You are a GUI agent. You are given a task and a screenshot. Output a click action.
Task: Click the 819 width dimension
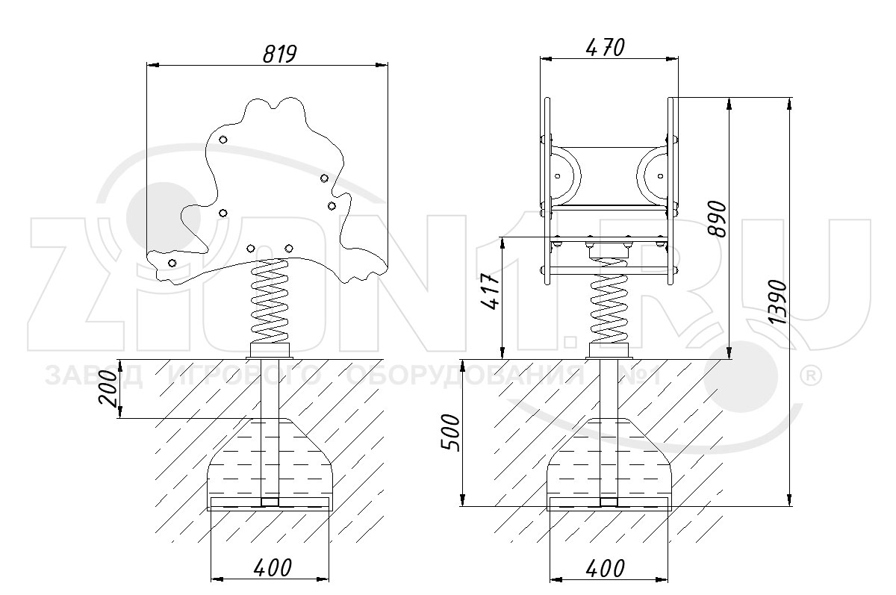point(279,54)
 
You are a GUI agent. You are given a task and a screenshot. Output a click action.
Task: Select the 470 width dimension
point(605,48)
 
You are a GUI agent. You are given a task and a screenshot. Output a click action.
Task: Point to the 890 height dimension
point(716,219)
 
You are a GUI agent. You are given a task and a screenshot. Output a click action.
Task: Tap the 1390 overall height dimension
point(778,302)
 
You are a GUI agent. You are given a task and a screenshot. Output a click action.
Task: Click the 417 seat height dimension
point(491,291)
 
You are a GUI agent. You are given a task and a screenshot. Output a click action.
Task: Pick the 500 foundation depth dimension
point(450,433)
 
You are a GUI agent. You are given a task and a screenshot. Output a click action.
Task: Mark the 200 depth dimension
point(108,389)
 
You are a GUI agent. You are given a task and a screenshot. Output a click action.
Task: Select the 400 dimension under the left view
point(273,568)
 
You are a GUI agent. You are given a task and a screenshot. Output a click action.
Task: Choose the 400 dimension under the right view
point(606,568)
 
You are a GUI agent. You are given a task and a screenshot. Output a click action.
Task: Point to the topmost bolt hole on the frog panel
point(223,140)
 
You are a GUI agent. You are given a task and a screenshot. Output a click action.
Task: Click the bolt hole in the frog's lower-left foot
point(172,263)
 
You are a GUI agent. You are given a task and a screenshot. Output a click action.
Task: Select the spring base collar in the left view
point(270,351)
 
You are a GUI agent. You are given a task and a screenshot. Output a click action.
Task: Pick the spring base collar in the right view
point(609,351)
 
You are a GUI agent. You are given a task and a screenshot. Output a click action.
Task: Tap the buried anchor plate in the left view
point(268,504)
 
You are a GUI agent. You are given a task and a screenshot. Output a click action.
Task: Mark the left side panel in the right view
point(547,191)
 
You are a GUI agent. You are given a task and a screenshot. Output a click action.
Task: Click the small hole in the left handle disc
point(558,176)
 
